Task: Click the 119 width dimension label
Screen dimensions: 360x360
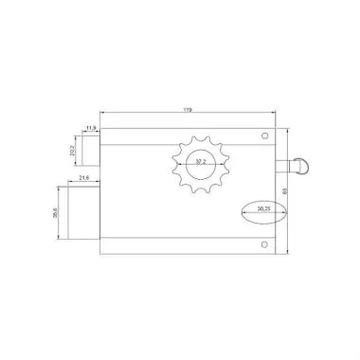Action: click(188, 112)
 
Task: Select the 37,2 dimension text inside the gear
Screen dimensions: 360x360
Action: click(200, 163)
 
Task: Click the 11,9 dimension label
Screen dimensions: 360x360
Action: click(91, 126)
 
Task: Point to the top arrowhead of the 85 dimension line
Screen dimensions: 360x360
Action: click(287, 131)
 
